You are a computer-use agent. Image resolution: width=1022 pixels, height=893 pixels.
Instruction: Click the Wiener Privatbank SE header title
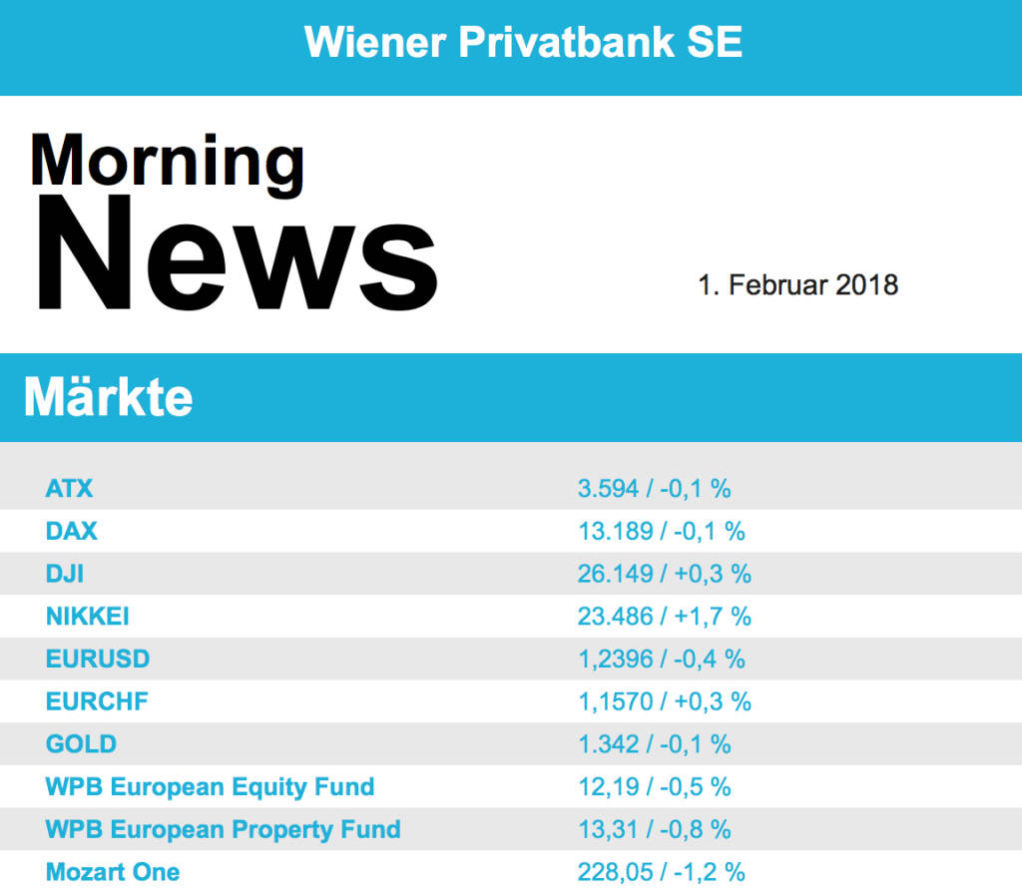523,42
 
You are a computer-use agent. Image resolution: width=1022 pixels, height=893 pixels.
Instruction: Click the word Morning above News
167,160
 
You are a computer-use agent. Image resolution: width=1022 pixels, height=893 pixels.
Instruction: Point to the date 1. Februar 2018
797,285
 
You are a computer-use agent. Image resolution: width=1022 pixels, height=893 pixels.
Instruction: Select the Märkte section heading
108,398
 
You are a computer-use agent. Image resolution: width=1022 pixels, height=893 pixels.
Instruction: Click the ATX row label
69,489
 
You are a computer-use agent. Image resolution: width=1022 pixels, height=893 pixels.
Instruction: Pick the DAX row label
72,531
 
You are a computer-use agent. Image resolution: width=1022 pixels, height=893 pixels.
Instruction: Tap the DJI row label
66,574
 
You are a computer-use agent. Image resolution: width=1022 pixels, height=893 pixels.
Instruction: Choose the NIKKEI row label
88,617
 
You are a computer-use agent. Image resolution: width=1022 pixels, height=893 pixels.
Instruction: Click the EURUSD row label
98,659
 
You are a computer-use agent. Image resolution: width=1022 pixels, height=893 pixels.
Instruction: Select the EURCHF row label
97,701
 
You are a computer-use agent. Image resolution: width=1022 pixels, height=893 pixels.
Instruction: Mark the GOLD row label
81,744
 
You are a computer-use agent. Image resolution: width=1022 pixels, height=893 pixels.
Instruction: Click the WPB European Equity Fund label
210,786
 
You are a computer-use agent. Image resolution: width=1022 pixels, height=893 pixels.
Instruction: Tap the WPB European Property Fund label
223,829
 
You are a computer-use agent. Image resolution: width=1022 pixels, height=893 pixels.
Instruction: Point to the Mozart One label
113,872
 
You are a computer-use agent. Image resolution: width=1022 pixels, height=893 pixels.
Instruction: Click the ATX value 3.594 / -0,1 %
654,489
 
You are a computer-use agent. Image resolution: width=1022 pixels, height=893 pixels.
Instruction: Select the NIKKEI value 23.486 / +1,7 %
664,617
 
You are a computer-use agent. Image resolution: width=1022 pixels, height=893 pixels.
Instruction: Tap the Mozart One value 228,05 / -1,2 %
661,872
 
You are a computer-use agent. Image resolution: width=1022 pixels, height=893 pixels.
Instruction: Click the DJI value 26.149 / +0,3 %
664,574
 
